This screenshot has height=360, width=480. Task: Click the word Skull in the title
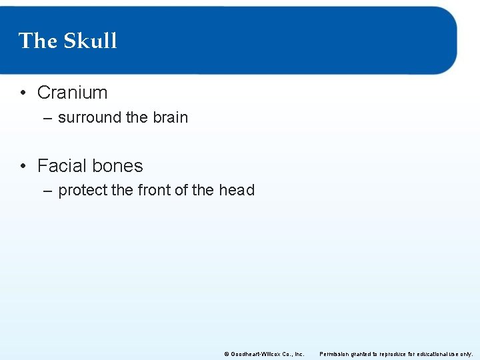click(x=91, y=41)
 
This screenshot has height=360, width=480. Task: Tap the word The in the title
click(x=38, y=41)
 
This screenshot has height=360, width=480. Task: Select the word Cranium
click(x=72, y=93)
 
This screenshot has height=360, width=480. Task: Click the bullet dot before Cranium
click(x=23, y=93)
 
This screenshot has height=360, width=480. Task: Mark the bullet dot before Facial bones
click(x=23, y=165)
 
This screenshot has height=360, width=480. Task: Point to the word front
click(x=153, y=190)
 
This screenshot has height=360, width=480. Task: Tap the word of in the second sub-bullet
click(x=181, y=190)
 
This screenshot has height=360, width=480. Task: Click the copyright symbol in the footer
click(x=226, y=354)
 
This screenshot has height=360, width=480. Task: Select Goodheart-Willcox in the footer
click(x=255, y=354)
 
